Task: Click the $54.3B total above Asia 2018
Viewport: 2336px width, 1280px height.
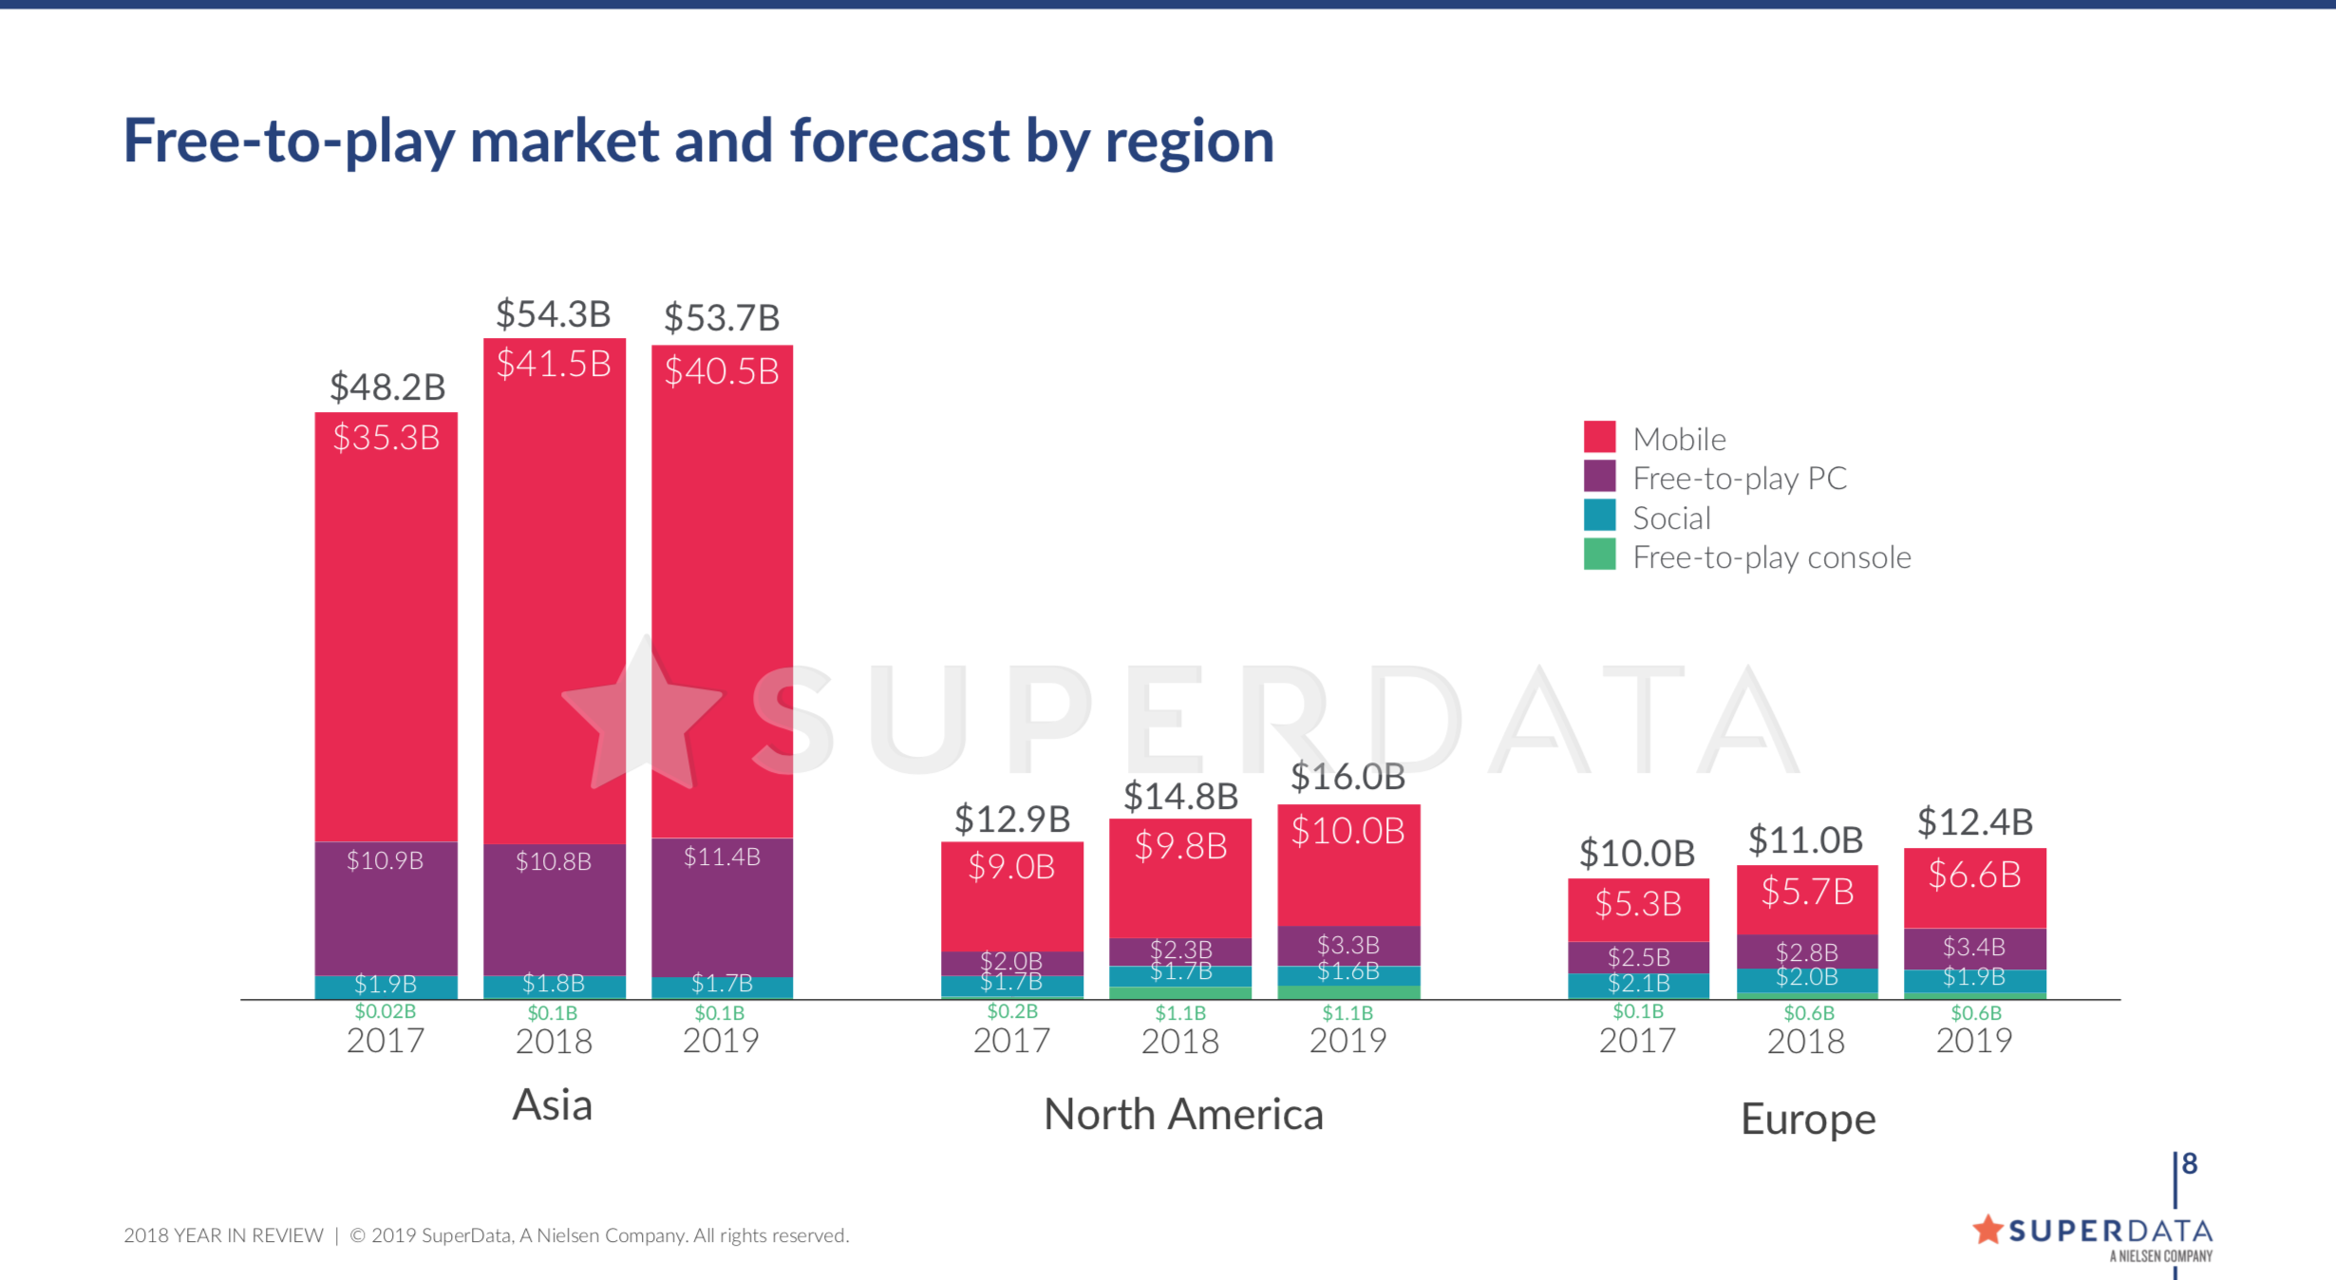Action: click(x=554, y=314)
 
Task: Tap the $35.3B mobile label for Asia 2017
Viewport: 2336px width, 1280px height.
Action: click(x=386, y=438)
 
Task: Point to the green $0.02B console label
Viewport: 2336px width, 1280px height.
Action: click(x=385, y=1011)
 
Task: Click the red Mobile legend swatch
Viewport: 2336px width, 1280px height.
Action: click(x=1599, y=437)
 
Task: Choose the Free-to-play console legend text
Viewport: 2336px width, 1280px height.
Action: click(x=1771, y=557)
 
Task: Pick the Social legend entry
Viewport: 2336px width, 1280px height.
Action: click(x=1671, y=518)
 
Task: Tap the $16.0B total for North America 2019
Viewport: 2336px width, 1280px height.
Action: click(x=1347, y=778)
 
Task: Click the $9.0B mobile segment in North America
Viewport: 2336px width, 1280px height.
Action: click(x=1011, y=867)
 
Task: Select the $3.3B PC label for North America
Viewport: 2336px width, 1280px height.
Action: click(x=1347, y=945)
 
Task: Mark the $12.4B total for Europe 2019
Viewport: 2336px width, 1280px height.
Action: click(x=1975, y=822)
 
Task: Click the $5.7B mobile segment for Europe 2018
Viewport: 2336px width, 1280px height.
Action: click(x=1807, y=892)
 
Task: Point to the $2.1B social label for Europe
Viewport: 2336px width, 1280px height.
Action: click(x=1638, y=984)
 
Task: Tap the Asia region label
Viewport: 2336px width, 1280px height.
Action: click(x=553, y=1105)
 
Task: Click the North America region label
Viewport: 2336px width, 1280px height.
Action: click(x=1183, y=1115)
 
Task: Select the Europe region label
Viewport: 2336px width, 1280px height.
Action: click(x=1808, y=1120)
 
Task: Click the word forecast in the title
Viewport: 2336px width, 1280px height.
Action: click(x=899, y=141)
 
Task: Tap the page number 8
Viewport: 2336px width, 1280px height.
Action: click(x=2190, y=1163)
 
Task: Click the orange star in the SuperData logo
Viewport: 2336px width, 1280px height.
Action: click(x=1987, y=1230)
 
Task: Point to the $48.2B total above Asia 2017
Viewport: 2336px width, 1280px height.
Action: click(x=387, y=387)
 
